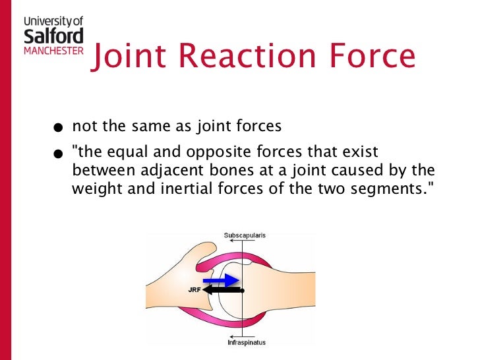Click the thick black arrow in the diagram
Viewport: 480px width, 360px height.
tap(222, 289)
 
